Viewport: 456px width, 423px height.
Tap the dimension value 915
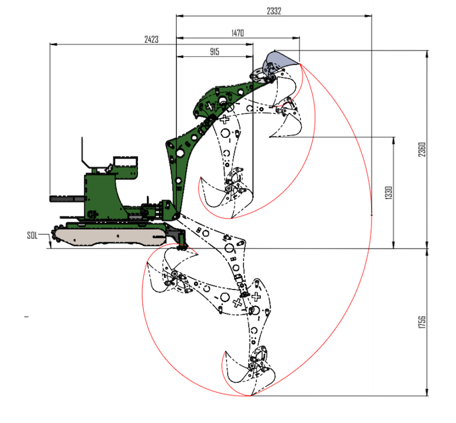[213, 52]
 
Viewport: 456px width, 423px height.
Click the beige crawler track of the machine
[111, 235]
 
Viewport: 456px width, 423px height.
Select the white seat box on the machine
[125, 161]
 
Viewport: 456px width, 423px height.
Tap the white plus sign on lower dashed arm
[237, 302]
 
